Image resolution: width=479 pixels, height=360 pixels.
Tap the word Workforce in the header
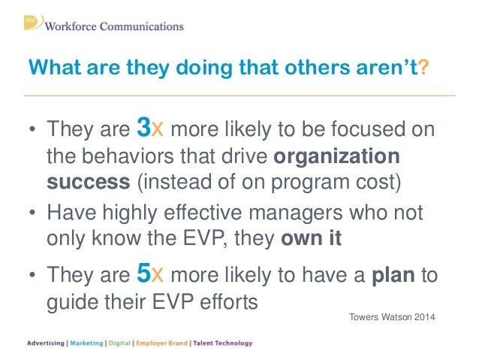click(x=74, y=27)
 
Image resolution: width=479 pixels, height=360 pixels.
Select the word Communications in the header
click(x=143, y=27)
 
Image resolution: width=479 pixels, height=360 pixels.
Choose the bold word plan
click(x=394, y=277)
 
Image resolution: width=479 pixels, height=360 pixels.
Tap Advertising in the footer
click(x=46, y=343)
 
